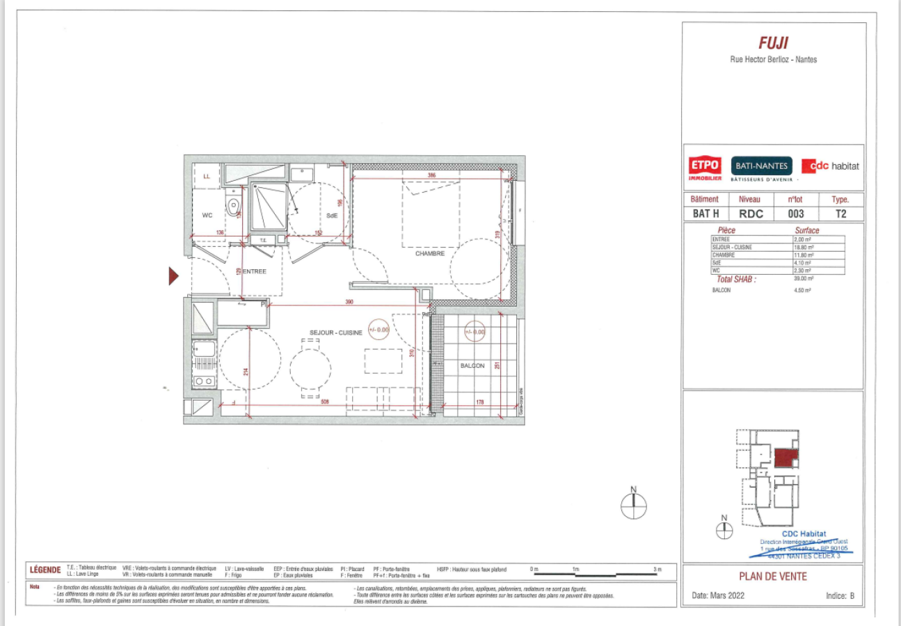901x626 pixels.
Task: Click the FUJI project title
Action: coord(773,42)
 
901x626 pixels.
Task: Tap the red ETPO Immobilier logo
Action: coord(704,168)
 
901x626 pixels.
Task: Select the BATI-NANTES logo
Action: coord(761,166)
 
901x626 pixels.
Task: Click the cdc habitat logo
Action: coord(830,166)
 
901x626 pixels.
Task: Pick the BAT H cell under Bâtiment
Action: coord(705,214)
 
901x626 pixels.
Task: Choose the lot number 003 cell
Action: coord(796,214)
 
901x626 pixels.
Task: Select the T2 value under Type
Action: coord(840,214)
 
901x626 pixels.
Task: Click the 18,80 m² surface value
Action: coord(804,247)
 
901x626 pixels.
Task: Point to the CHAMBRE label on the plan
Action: coord(429,253)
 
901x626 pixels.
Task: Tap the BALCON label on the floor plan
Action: coord(472,365)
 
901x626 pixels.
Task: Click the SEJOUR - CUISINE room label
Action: coord(336,332)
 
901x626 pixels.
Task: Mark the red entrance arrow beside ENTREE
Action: coord(174,276)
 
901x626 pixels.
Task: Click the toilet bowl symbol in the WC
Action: coord(233,204)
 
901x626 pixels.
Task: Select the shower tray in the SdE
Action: coord(269,205)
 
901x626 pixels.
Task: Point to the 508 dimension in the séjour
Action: coord(325,401)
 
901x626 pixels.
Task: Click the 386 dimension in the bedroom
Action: coord(431,175)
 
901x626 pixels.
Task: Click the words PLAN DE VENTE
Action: coord(772,576)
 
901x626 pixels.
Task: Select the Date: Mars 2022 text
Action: coord(718,596)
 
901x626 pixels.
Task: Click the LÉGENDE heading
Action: coord(45,570)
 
